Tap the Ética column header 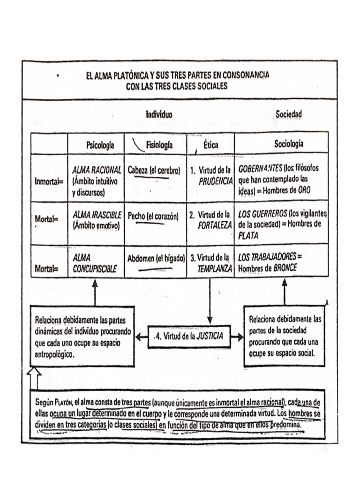pos(210,145)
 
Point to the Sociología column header pos(288,144)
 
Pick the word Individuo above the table pos(159,114)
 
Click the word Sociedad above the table pos(288,114)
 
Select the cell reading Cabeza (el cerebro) pos(154,171)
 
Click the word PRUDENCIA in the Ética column pos(216,181)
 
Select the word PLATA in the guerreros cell pos(248,236)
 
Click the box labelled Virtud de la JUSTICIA pos(190,336)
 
